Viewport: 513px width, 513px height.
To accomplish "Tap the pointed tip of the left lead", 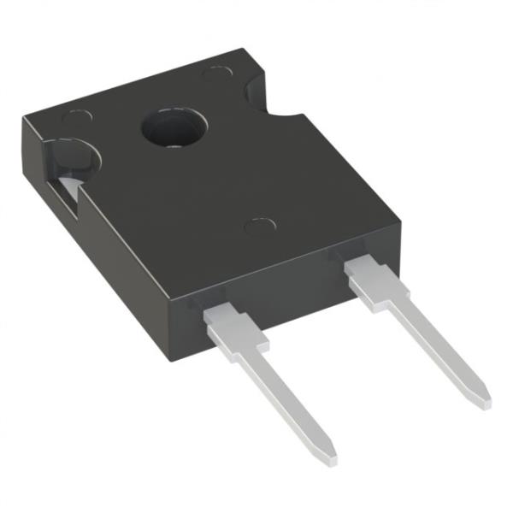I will click(x=327, y=455).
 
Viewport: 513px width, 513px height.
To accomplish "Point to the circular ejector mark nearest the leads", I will click(x=257, y=227).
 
